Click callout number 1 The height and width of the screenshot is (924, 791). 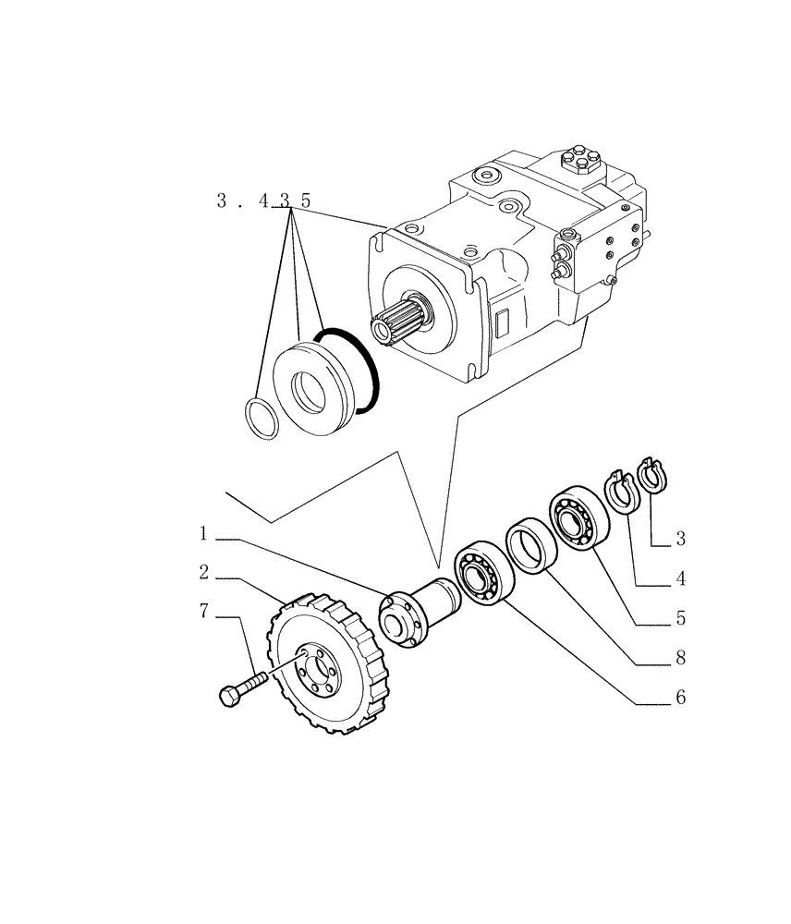point(202,534)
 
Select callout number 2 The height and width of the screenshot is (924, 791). point(202,573)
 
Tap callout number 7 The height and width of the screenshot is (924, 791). point(202,612)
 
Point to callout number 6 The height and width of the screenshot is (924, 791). point(680,698)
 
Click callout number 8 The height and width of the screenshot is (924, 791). point(680,658)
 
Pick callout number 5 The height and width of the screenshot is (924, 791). point(680,616)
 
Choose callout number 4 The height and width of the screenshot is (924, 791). point(680,578)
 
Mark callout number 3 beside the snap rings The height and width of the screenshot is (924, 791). point(680,538)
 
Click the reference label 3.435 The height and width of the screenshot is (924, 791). point(263,201)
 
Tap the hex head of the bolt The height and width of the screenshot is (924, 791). point(230,696)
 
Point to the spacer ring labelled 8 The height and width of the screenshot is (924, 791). point(530,545)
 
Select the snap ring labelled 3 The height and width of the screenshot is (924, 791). point(658,477)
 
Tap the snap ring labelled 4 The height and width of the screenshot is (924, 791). point(621,492)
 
